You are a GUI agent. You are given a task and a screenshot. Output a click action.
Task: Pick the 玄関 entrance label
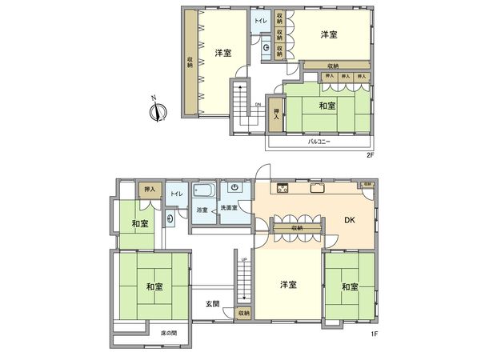(212, 303)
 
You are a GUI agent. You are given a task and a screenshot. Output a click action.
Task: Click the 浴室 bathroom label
(202, 210)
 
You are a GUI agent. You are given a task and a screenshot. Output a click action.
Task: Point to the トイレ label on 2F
(261, 20)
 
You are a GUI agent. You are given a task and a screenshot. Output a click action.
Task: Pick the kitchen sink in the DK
(318, 189)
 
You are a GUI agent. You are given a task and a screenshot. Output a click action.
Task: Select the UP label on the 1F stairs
(243, 259)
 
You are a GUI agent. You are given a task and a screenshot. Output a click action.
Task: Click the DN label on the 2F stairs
(258, 104)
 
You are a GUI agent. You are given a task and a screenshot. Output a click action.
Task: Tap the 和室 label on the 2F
(327, 106)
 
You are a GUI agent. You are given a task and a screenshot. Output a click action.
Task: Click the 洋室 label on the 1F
(289, 285)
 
